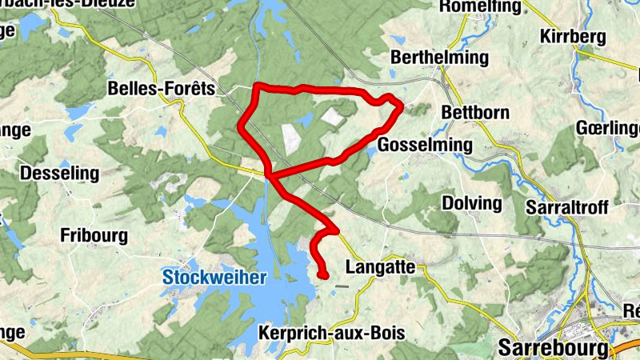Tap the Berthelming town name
point(438,58)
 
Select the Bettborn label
point(475,113)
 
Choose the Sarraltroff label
point(567,208)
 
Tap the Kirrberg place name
point(574,37)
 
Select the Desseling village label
point(59,173)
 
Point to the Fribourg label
point(94,235)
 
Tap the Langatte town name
point(380,266)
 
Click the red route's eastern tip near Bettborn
point(400,106)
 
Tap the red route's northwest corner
point(256,86)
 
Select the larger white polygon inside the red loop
point(290,138)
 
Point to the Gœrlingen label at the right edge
point(610,129)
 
